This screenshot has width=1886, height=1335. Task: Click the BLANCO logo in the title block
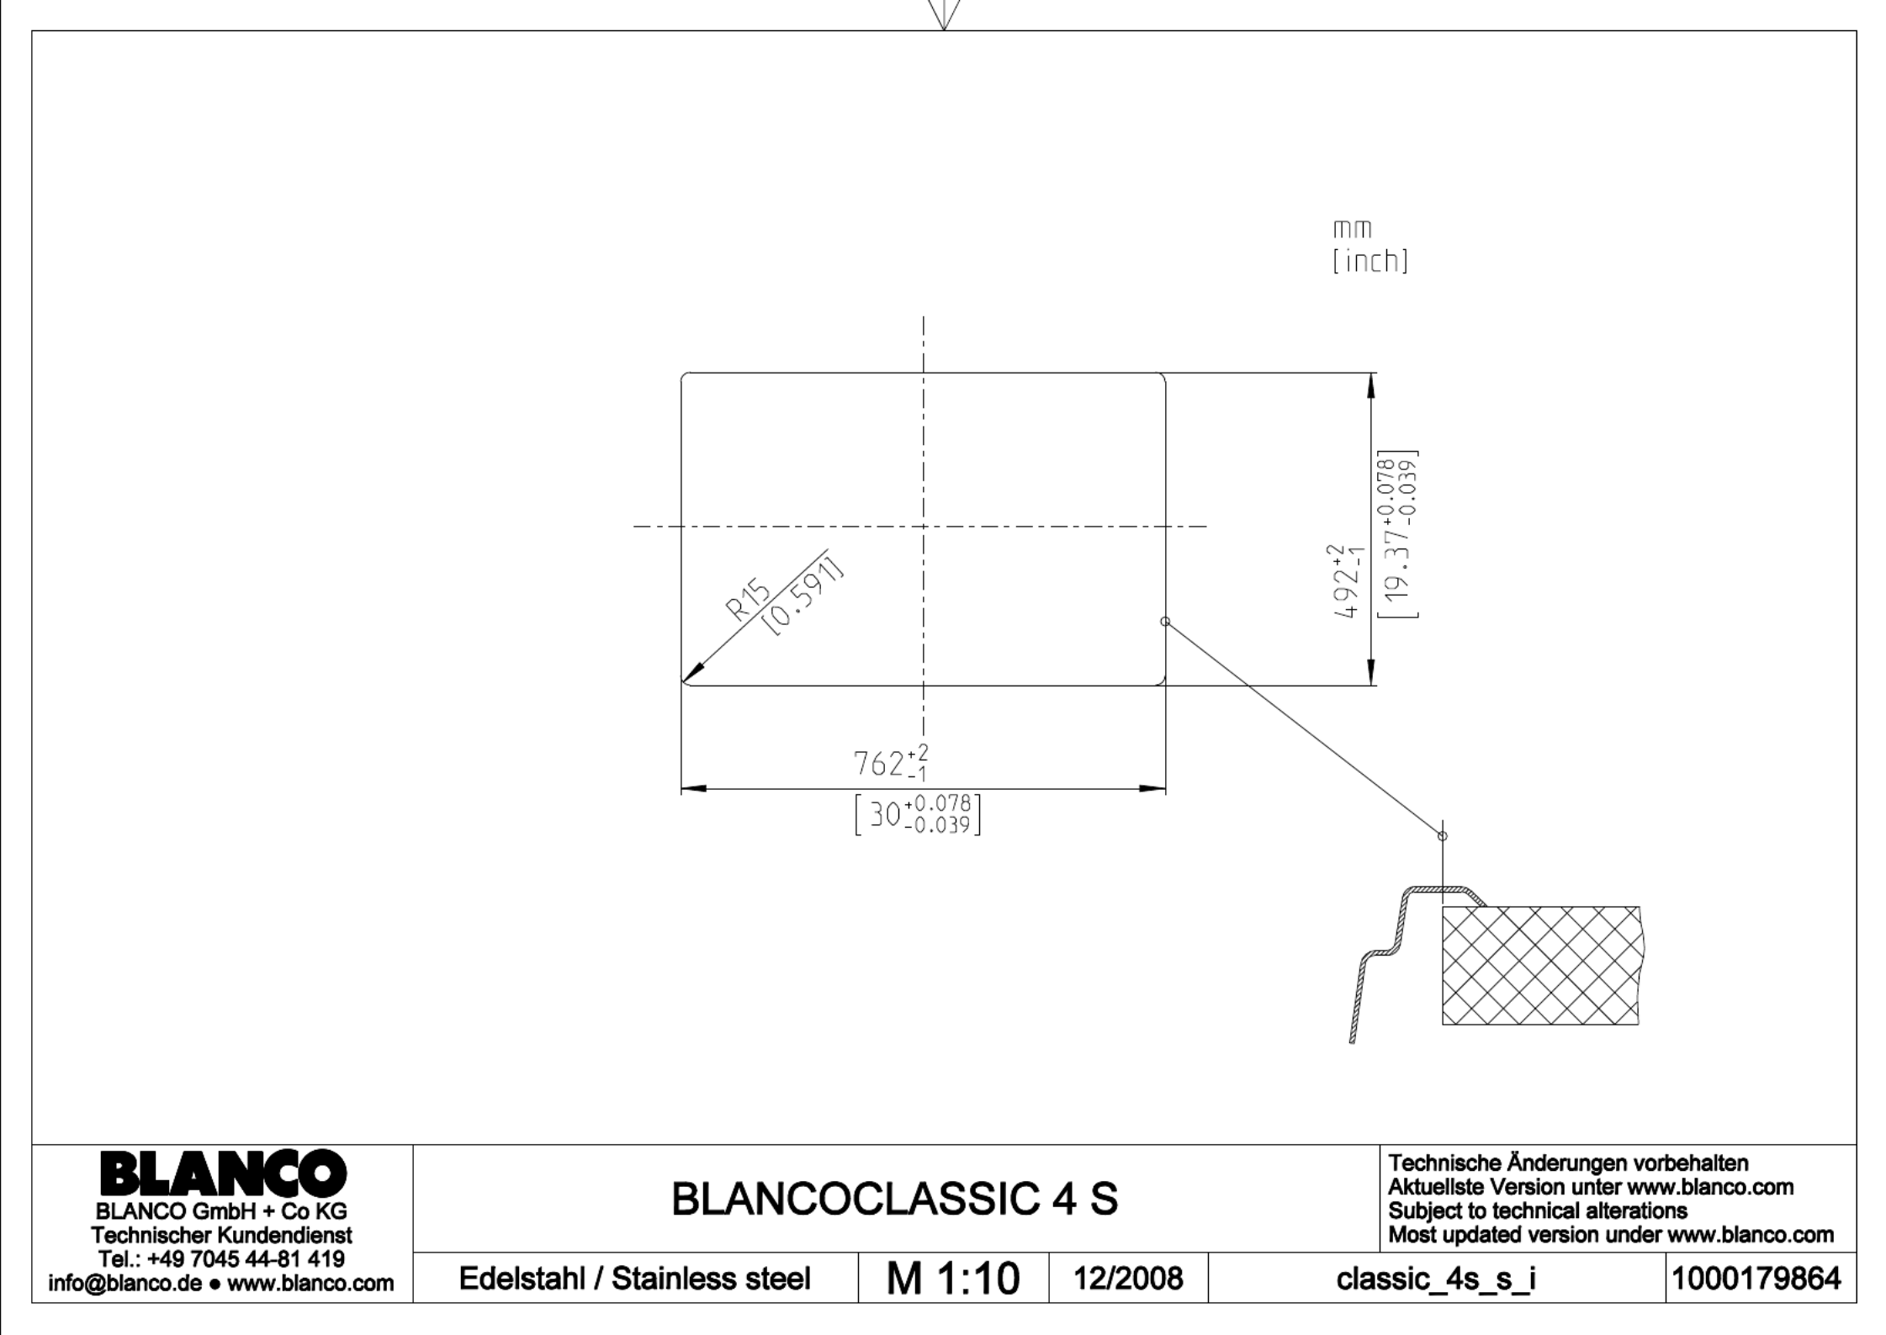223,1173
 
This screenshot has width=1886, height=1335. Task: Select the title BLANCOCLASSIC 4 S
895,1199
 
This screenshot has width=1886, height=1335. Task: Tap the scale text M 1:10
953,1279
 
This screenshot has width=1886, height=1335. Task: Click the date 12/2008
1128,1279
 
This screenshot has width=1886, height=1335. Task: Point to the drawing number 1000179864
1756,1279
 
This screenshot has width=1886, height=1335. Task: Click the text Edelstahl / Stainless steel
634,1279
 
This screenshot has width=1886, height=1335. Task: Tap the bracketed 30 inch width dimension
918,813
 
